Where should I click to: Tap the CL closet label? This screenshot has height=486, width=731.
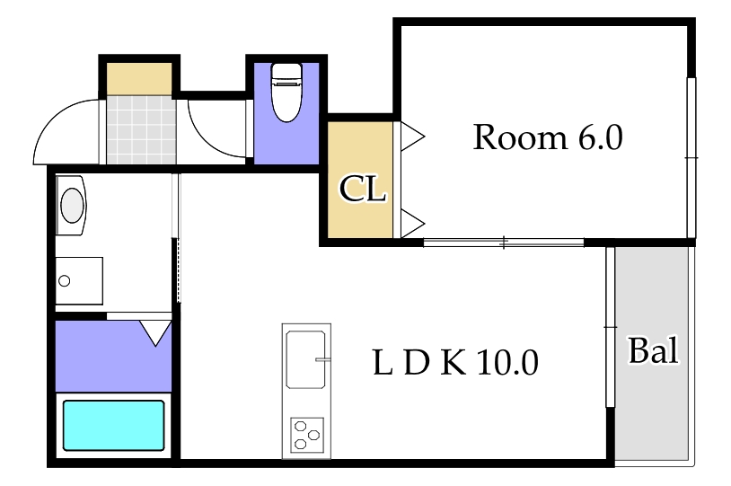[x=362, y=190]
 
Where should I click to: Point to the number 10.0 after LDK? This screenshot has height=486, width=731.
[x=507, y=363]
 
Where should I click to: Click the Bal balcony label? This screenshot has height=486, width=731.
[x=653, y=350]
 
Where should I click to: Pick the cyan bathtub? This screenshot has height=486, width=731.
[x=113, y=426]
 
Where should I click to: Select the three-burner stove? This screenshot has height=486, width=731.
[x=306, y=437]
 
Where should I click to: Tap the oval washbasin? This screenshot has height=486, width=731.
[x=72, y=203]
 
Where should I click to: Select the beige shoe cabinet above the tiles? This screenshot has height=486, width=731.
[x=139, y=77]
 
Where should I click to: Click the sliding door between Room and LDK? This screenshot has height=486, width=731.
[x=503, y=242]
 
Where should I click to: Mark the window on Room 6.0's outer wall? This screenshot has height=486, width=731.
[x=691, y=157]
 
